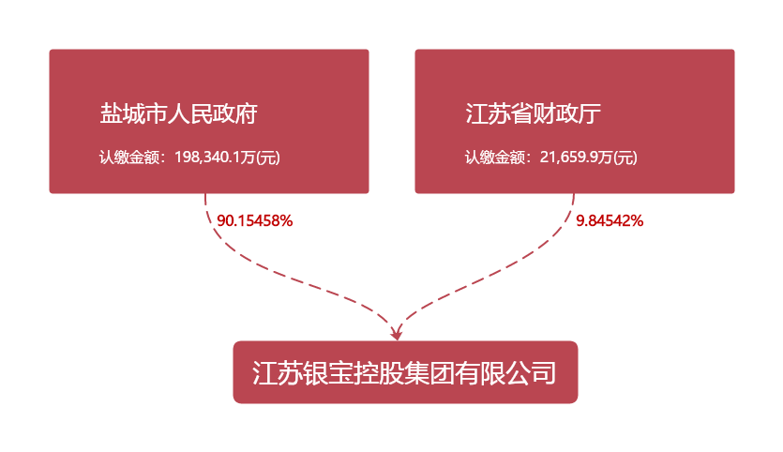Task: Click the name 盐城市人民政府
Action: tap(179, 114)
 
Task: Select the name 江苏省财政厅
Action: tap(533, 114)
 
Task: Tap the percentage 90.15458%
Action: tap(255, 221)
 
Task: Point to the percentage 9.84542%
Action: tap(610, 221)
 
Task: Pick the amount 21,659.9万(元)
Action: tap(589, 158)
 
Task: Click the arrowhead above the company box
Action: tap(397, 332)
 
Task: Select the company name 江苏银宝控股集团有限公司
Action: tap(405, 373)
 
